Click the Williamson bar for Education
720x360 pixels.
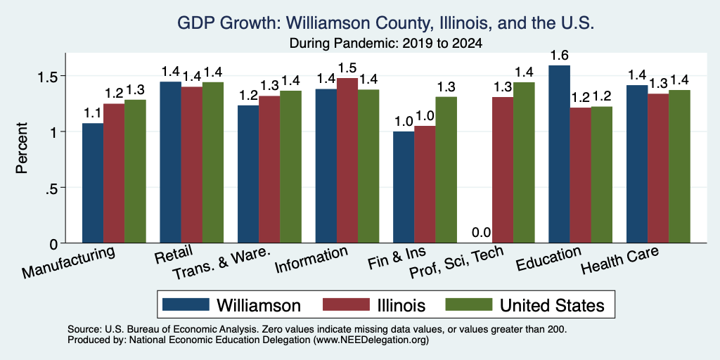[559, 154]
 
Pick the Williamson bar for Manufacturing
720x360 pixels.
[92, 184]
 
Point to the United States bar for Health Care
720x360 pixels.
[679, 167]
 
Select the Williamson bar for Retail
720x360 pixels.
[170, 162]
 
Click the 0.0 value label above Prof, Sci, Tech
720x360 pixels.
[482, 233]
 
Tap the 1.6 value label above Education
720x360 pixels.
[559, 56]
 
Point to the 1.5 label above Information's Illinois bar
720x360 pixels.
[347, 68]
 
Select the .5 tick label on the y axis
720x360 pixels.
[51, 188]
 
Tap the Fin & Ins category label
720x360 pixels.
[397, 259]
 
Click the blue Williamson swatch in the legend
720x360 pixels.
[186, 304]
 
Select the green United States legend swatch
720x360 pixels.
[468, 304]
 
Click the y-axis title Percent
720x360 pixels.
[22, 148]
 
